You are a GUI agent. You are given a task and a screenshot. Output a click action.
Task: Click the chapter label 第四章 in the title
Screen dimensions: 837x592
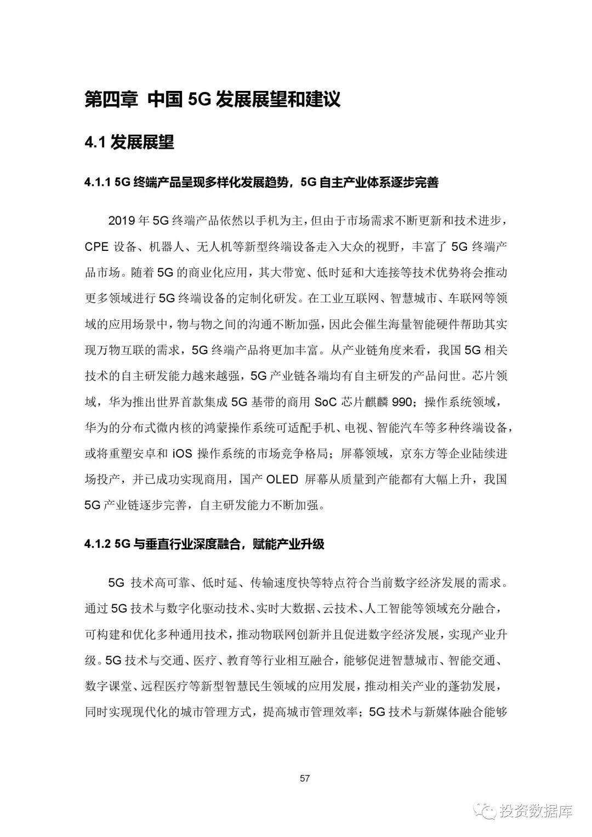click(x=111, y=100)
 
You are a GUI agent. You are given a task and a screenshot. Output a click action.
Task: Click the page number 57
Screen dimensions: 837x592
click(x=305, y=778)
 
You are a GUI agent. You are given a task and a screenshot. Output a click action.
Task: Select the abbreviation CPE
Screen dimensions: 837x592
click(x=97, y=246)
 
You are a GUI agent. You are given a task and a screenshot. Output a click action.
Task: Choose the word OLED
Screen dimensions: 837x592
click(x=282, y=479)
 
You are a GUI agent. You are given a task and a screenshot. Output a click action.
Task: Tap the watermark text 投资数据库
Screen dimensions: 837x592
click(x=536, y=811)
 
